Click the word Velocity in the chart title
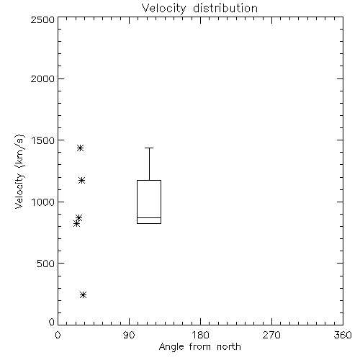164,9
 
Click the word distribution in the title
225,8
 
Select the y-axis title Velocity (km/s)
19,171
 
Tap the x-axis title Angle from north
199,347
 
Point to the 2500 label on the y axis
42,19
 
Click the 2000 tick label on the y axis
42,78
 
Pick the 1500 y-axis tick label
43,140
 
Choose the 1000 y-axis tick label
43,202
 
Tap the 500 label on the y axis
46,264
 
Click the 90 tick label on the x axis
129,335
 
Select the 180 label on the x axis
200,335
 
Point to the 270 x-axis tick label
271,335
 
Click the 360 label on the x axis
343,335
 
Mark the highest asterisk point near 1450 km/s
80,148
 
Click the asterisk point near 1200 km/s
81,180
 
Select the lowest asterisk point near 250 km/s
83,294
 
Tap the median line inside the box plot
149,217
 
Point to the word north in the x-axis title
229,347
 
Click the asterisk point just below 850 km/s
76,224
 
